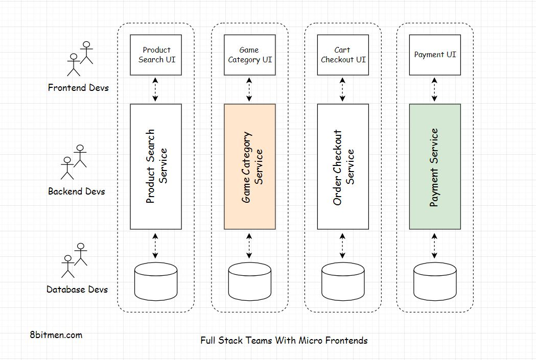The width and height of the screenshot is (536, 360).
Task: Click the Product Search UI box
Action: [x=156, y=55]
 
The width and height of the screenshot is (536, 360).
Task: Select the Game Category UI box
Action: [x=249, y=55]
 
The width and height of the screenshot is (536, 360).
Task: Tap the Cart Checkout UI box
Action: [x=343, y=55]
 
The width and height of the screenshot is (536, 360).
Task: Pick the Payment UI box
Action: [x=435, y=55]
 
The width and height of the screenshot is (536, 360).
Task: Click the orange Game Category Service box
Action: [x=249, y=166]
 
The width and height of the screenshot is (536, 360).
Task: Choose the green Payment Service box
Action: [x=435, y=166]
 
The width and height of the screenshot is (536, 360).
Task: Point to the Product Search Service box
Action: [x=156, y=166]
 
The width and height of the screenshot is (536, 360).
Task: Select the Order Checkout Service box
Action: [x=343, y=166]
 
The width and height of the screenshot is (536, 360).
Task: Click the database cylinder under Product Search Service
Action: [x=156, y=281]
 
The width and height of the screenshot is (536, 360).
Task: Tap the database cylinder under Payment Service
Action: [x=435, y=281]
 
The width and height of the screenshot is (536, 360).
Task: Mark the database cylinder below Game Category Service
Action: [x=249, y=281]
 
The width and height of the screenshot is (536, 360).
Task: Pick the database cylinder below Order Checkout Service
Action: [x=343, y=281]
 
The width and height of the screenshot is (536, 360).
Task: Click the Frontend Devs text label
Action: [x=78, y=87]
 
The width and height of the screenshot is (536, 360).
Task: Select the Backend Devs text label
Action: [x=76, y=191]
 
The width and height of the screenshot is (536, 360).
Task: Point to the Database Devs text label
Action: [x=77, y=290]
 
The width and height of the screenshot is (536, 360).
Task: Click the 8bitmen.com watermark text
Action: [x=56, y=335]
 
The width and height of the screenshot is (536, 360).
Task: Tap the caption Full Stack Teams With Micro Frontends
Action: [x=284, y=340]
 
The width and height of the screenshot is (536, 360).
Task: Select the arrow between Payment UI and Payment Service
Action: [x=435, y=90]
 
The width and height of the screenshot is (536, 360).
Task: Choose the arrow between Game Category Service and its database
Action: [x=249, y=246]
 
